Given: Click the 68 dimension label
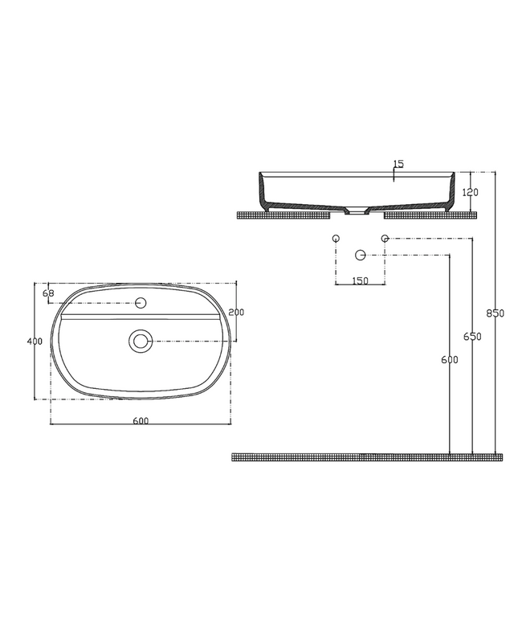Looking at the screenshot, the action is (48, 293).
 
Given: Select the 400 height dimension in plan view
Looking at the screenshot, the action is (35, 342).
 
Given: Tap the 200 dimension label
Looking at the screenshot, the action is (237, 312).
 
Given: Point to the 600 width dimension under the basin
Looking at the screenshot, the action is (141, 420).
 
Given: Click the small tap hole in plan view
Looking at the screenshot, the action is (141, 303).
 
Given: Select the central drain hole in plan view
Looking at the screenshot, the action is (141, 341).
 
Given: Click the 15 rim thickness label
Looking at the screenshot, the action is (398, 163).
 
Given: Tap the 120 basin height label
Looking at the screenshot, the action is (471, 192).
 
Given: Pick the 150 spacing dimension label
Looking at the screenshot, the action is (360, 280).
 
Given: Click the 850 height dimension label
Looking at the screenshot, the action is (496, 313).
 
